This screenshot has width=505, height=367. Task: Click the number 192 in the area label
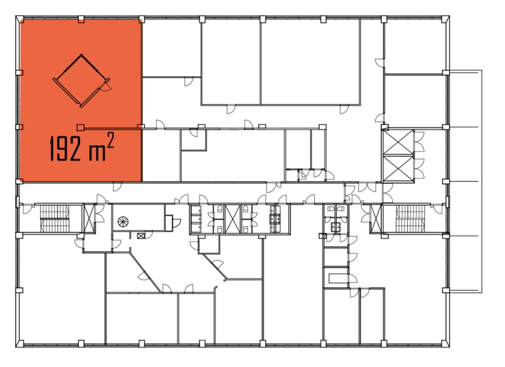pyautogui.click(x=66, y=148)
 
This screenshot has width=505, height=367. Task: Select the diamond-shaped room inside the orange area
pyautogui.click(x=81, y=80)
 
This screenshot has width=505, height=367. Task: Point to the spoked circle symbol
pyautogui.click(x=123, y=222)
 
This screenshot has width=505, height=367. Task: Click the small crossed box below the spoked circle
pyautogui.click(x=141, y=236)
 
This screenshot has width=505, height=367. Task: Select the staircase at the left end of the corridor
pyautogui.click(x=54, y=219)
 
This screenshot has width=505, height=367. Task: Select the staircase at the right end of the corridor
pyautogui.click(x=411, y=219)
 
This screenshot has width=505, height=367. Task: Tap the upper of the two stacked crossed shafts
pyautogui.click(x=398, y=142)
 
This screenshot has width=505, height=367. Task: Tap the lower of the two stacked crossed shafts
pyautogui.click(x=398, y=168)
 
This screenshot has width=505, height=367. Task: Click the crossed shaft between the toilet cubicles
pyautogui.click(x=233, y=219)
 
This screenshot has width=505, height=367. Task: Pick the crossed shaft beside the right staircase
pyautogui.click(x=376, y=218)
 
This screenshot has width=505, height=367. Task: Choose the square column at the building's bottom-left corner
pyautogui.click(x=20, y=343)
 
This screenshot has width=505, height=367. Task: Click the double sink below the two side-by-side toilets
pyautogui.click(x=336, y=227)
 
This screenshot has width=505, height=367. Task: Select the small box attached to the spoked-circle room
pyautogui.click(x=169, y=223)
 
